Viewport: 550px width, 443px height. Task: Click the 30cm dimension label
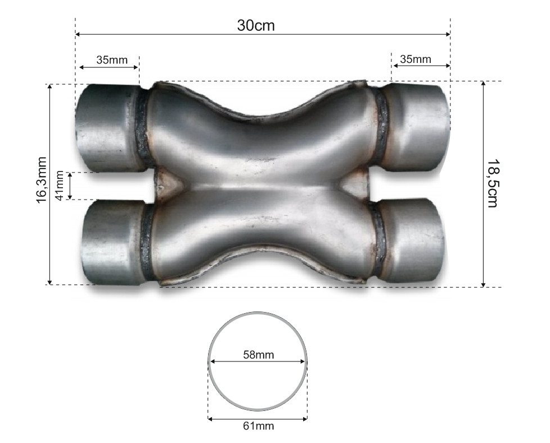point(256,25)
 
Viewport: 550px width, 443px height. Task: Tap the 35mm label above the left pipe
point(112,60)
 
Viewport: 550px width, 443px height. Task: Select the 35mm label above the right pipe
point(415,59)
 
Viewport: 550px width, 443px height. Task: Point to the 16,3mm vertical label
point(41,180)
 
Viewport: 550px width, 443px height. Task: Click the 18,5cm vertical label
point(493,183)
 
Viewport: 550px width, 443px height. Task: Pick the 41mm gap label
point(60,186)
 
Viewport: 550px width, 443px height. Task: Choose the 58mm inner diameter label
point(259,355)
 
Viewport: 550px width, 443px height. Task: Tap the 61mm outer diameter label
point(259,426)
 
